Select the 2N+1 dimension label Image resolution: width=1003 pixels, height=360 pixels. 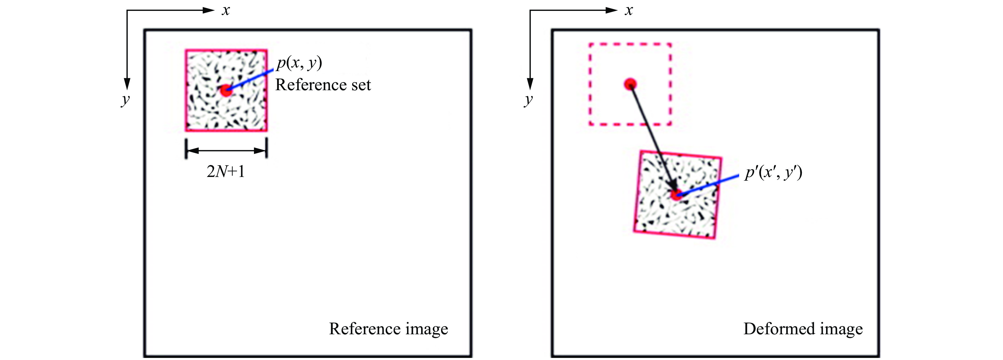(x=226, y=171)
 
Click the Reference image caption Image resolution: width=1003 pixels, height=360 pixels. (x=388, y=329)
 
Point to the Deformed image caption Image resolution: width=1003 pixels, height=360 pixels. (x=803, y=329)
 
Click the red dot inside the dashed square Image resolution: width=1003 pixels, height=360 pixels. (x=630, y=84)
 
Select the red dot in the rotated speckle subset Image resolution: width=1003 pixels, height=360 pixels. (x=676, y=195)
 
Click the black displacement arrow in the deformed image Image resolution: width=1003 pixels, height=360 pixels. (x=652, y=136)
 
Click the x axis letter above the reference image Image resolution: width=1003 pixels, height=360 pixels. (x=226, y=11)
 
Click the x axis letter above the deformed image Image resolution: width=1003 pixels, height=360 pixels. (x=629, y=11)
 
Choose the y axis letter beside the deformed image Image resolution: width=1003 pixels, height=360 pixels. (x=528, y=100)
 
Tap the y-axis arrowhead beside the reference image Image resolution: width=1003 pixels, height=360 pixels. (x=127, y=84)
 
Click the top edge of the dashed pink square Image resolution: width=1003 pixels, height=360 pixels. (x=630, y=44)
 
